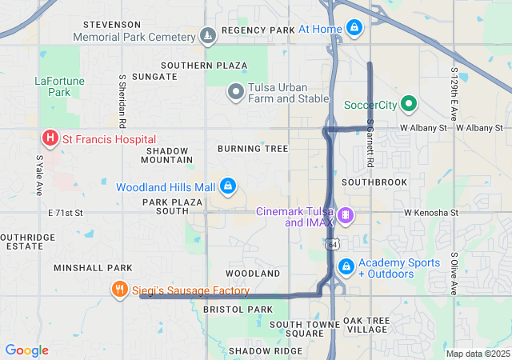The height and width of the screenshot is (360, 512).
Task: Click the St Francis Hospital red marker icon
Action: pos(50,138)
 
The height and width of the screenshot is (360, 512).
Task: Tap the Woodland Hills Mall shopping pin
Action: pos(228,186)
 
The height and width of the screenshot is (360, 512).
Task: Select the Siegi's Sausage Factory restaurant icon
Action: pos(119,290)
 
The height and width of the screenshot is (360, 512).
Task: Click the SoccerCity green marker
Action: pos(408,104)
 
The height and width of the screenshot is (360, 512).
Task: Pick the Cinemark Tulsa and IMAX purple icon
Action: pos(346,214)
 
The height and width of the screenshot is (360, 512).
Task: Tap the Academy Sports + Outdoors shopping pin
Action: pos(346,266)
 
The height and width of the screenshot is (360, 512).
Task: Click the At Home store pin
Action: pos(354,29)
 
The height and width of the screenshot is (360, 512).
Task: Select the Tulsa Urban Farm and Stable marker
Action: pos(236,92)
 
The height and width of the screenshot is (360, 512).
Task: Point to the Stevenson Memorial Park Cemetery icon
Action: pos(208,36)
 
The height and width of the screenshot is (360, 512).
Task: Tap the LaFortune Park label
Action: pos(54,86)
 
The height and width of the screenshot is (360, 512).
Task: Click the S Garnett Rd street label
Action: pos(370,143)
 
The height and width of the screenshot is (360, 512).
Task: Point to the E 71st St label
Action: pos(66,213)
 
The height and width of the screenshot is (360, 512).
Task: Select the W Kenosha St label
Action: pos(430,213)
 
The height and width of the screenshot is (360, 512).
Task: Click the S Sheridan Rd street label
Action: pos(122,102)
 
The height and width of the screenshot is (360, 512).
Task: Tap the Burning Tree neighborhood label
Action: pos(252,149)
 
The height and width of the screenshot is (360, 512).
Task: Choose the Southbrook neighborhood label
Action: pos(374,182)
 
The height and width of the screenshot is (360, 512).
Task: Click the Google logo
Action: pos(26,350)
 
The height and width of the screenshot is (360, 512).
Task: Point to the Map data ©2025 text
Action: pos(477,354)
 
